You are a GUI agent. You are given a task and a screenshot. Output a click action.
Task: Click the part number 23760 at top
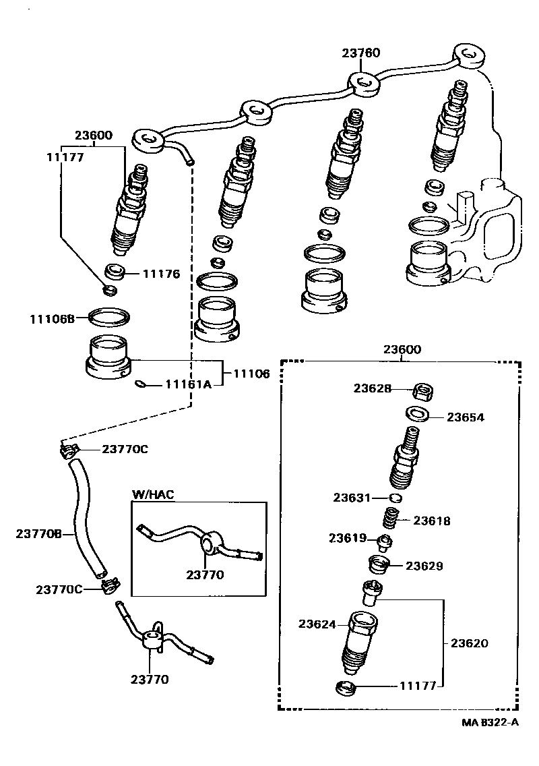tap(360, 53)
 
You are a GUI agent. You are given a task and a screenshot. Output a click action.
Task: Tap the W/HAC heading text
tap(152, 494)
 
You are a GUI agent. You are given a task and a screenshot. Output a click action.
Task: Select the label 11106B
tap(51, 317)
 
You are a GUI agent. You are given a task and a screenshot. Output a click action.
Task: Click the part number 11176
tap(161, 274)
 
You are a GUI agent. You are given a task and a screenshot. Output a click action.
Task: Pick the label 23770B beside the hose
tap(39, 533)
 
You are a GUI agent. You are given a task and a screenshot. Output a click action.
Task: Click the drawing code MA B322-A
tap(490, 722)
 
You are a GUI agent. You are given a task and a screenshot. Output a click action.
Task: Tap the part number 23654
tap(465, 417)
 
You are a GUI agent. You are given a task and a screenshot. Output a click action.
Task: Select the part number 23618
tap(431, 521)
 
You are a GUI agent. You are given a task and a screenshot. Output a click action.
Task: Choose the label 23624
tap(317, 624)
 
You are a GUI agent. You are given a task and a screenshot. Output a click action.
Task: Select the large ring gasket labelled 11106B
tap(108, 316)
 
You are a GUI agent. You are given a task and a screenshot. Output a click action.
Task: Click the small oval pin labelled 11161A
tap(140, 384)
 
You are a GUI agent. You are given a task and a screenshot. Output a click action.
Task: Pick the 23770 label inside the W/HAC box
tap(205, 574)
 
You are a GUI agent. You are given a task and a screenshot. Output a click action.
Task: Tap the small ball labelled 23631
tap(396, 498)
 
